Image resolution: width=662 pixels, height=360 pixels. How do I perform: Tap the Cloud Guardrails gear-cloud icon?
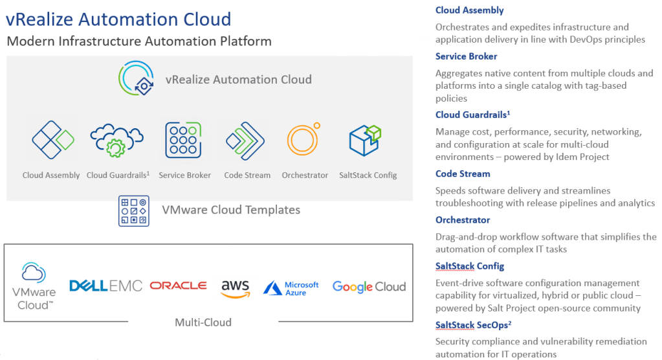[x=116, y=140]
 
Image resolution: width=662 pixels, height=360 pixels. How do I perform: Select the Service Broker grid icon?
[x=184, y=139]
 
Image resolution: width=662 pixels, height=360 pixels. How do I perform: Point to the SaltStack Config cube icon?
[x=364, y=139]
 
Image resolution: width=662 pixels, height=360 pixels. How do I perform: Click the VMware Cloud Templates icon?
[x=134, y=210]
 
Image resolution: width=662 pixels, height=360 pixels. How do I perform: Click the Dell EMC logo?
[x=105, y=286]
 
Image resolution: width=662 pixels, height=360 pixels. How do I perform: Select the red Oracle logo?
[x=178, y=286]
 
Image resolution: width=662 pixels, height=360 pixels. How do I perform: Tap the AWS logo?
[x=235, y=287]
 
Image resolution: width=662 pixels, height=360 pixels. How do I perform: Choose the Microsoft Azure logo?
[x=291, y=288]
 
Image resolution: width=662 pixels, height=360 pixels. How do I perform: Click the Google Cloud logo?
[x=369, y=286]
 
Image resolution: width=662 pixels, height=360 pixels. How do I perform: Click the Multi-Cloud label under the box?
[x=203, y=322]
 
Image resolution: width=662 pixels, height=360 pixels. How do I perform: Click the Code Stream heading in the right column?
[x=463, y=174]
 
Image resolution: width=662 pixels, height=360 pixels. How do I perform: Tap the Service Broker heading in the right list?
[x=466, y=56]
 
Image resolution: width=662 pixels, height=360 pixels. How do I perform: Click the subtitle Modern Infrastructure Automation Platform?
[x=138, y=41]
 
